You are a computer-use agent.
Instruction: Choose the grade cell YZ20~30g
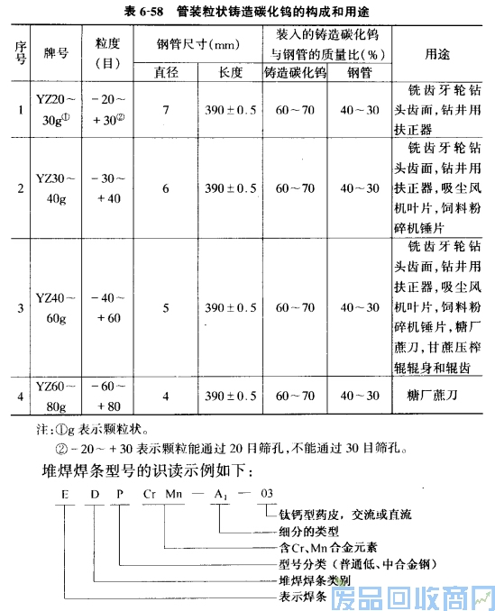click(57, 110)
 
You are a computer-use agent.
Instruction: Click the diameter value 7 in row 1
click(165, 110)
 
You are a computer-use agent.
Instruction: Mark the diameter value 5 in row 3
click(165, 307)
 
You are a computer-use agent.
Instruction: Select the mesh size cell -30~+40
click(107, 188)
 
